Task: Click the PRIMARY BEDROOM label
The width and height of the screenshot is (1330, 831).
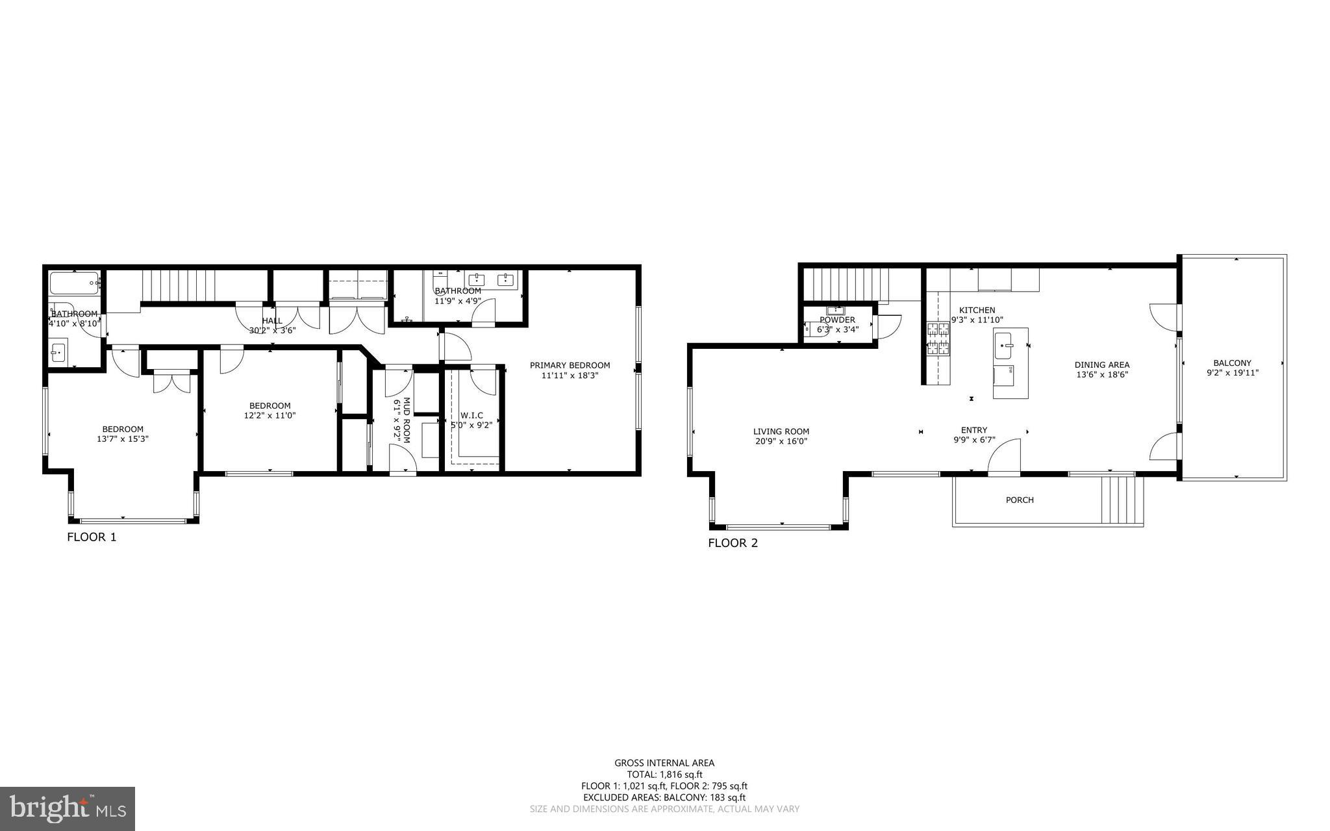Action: click(570, 365)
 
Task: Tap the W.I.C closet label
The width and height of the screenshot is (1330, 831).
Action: click(471, 415)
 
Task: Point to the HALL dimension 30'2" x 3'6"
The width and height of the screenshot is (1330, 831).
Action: click(272, 330)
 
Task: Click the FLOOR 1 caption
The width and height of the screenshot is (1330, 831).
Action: click(92, 537)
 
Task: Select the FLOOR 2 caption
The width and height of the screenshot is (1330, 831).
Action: click(733, 543)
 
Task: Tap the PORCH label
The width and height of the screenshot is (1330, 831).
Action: click(1020, 500)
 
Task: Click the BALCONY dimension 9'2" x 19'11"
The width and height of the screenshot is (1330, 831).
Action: click(1232, 373)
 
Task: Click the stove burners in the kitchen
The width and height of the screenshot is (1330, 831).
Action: click(938, 339)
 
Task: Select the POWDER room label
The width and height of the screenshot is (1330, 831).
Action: click(837, 320)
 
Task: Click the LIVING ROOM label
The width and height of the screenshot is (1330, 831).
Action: click(781, 431)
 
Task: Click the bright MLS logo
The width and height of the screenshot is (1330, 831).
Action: click(67, 808)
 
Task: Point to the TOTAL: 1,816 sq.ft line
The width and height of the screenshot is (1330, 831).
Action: click(664, 774)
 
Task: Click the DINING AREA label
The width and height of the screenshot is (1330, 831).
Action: click(1102, 364)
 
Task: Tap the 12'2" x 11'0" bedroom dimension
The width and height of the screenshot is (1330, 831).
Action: click(270, 416)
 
